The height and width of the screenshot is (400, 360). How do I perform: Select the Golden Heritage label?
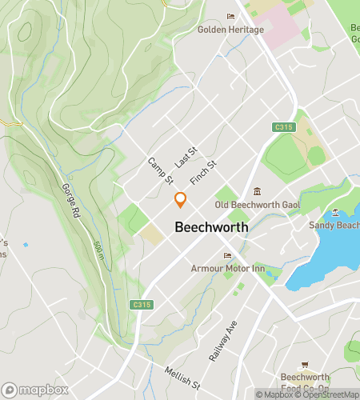tap(230, 30)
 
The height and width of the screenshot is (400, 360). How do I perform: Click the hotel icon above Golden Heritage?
tap(231, 16)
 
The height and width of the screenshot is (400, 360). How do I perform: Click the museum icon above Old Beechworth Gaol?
tap(257, 191)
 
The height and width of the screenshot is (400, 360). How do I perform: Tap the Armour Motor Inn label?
tap(228, 269)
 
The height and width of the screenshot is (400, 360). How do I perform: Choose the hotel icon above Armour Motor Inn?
tap(228, 256)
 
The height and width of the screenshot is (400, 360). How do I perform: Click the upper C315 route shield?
tap(283, 127)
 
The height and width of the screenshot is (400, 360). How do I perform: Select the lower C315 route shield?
tap(141, 305)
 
